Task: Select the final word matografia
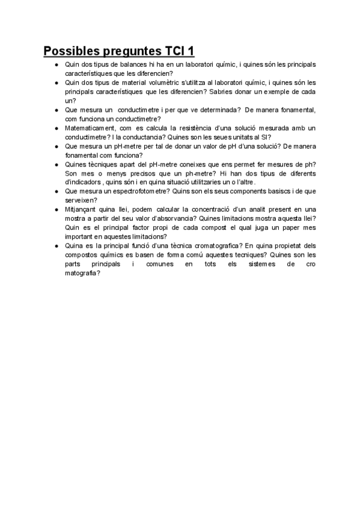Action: coord(81,272)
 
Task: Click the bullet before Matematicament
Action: coord(55,128)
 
